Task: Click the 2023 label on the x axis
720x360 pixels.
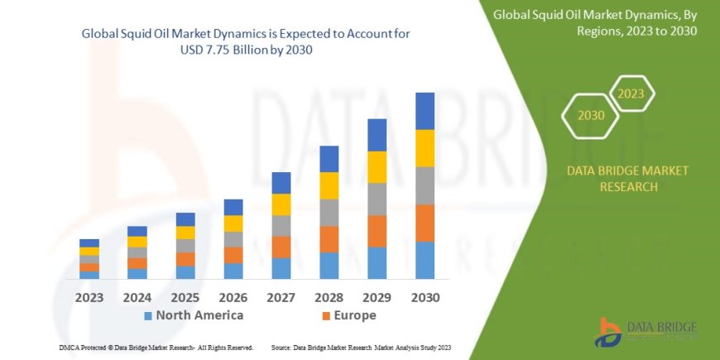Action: (x=89, y=297)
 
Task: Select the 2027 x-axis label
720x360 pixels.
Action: (x=281, y=297)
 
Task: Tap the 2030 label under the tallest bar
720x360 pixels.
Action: (x=425, y=297)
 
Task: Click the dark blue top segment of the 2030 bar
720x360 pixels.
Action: (x=425, y=111)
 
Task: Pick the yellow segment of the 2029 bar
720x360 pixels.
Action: (x=377, y=167)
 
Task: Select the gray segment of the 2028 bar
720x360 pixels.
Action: (x=329, y=213)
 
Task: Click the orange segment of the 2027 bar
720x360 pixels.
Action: (x=281, y=247)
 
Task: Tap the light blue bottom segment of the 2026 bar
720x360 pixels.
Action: (x=233, y=271)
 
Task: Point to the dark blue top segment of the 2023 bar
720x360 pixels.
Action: (x=89, y=242)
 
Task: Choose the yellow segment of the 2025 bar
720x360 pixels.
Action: (x=185, y=233)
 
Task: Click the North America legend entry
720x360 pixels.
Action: (x=194, y=315)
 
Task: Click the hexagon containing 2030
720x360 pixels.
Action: (x=590, y=116)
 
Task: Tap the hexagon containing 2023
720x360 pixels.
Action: (x=631, y=93)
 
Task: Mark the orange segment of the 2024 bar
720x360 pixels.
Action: (x=137, y=263)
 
